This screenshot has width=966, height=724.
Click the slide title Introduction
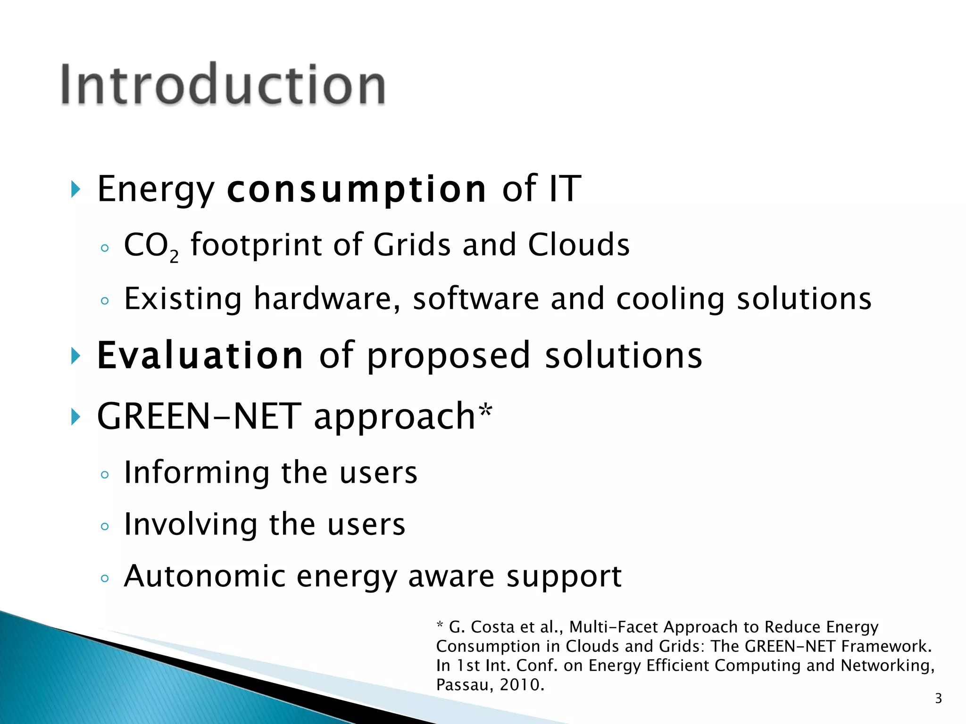(x=223, y=85)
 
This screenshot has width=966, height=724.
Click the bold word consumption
(x=356, y=189)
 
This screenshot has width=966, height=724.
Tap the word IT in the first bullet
(x=565, y=189)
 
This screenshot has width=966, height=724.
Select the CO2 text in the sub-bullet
(x=150, y=246)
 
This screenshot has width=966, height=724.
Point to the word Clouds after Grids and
(x=578, y=245)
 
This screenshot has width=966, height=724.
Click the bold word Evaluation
(x=200, y=355)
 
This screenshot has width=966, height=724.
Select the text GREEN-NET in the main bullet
(x=199, y=417)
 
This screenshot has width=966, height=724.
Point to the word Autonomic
(x=205, y=576)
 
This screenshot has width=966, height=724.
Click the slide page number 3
(x=938, y=698)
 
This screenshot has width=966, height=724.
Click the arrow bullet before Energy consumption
(x=75, y=189)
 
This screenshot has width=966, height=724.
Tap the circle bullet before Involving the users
(x=105, y=526)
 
